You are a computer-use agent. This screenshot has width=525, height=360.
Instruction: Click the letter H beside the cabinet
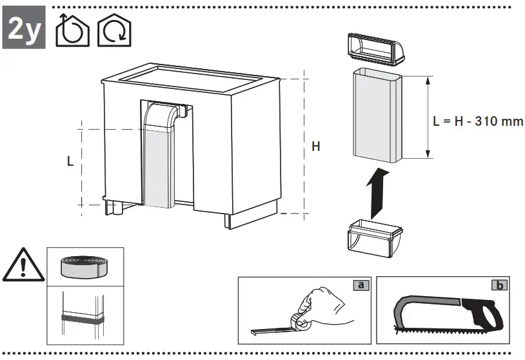coord(316,147)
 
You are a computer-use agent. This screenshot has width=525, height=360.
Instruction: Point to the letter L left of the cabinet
coord(70,162)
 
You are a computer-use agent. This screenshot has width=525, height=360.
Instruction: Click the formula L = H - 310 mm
coord(478,121)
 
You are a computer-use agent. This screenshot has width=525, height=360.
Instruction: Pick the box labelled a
coord(361,285)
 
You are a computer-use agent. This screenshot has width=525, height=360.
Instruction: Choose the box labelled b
coord(498,285)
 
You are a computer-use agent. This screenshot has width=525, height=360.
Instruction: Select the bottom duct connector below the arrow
coord(375,238)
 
